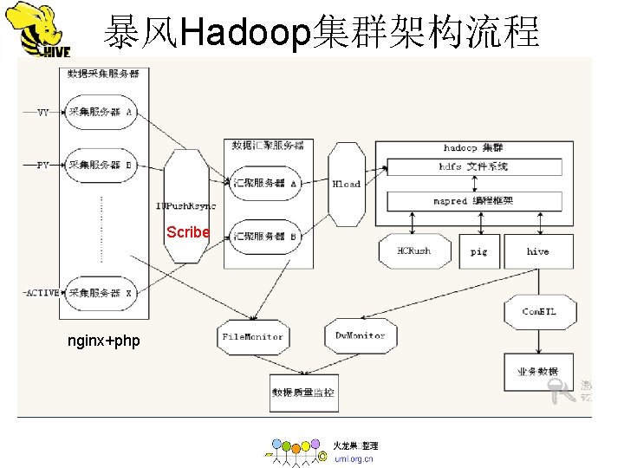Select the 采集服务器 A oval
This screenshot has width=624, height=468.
pos(101,112)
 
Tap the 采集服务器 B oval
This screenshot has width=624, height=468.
pos(101,165)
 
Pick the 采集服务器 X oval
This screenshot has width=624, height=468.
pos(101,293)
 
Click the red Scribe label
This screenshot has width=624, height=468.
pos(188,232)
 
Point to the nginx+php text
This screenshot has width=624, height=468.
pos(103,341)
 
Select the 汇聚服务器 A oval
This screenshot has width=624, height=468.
pos(264,183)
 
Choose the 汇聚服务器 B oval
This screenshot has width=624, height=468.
pos(264,235)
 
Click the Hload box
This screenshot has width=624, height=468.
pos(346,184)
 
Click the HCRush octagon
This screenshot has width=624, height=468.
pos(413,251)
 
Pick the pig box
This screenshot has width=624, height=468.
pos(478,251)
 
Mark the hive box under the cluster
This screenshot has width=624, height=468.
pos(537,251)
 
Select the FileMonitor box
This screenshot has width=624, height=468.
pos(252,335)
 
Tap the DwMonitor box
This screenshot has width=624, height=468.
pos(360,335)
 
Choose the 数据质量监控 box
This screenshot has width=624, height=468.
pos(302,392)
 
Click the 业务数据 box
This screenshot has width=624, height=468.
pos(537,371)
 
